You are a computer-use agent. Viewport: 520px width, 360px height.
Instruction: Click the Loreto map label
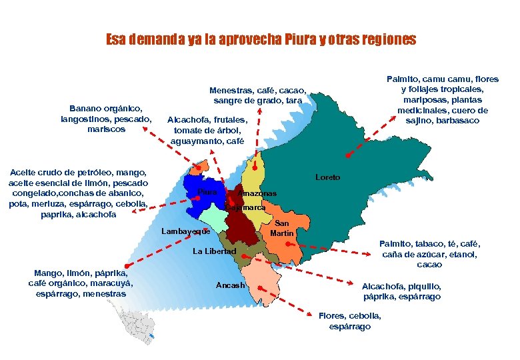[327, 177]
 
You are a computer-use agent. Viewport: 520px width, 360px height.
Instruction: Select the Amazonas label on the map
[257, 193]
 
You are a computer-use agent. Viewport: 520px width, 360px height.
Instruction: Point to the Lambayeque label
[186, 231]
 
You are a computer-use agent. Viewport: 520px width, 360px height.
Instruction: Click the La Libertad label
[214, 251]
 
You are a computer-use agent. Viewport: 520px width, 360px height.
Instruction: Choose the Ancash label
[230, 285]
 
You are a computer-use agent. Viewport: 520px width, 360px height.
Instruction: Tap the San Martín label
[282, 228]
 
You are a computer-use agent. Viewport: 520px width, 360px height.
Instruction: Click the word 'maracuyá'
[111, 283]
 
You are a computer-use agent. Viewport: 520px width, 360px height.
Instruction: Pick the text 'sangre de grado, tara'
[258, 101]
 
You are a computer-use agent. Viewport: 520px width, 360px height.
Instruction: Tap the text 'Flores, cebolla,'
[350, 315]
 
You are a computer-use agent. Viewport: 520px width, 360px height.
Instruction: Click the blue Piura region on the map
[197, 187]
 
